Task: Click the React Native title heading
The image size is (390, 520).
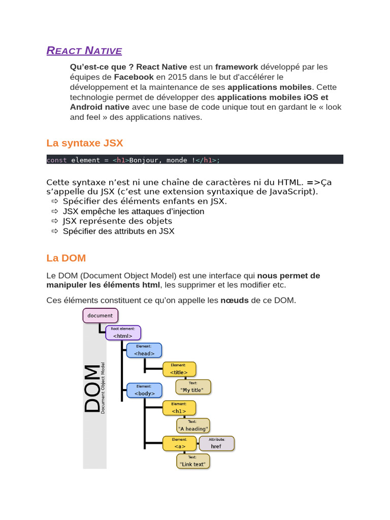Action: [84, 51]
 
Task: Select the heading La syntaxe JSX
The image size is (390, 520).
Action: [84, 143]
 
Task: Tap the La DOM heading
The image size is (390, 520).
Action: [66, 258]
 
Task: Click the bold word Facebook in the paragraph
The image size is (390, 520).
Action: [134, 77]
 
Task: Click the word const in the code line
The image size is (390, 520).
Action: [56, 160]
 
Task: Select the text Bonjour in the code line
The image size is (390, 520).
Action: [144, 160]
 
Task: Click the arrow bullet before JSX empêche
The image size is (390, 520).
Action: [55, 211]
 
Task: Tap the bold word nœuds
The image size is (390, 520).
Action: [234, 300]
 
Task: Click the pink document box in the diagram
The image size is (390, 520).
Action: [101, 315]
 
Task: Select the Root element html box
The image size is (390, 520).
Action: [123, 333]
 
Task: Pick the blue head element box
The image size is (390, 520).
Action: [144, 350]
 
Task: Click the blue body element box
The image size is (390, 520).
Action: [144, 390]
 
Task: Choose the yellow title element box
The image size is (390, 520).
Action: [179, 369]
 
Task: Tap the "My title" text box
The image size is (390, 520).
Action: [193, 387]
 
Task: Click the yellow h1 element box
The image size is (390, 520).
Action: [179, 408]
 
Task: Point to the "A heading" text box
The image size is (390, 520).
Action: [193, 426]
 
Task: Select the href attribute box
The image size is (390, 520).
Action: [216, 443]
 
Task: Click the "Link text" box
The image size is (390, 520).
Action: [193, 461]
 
